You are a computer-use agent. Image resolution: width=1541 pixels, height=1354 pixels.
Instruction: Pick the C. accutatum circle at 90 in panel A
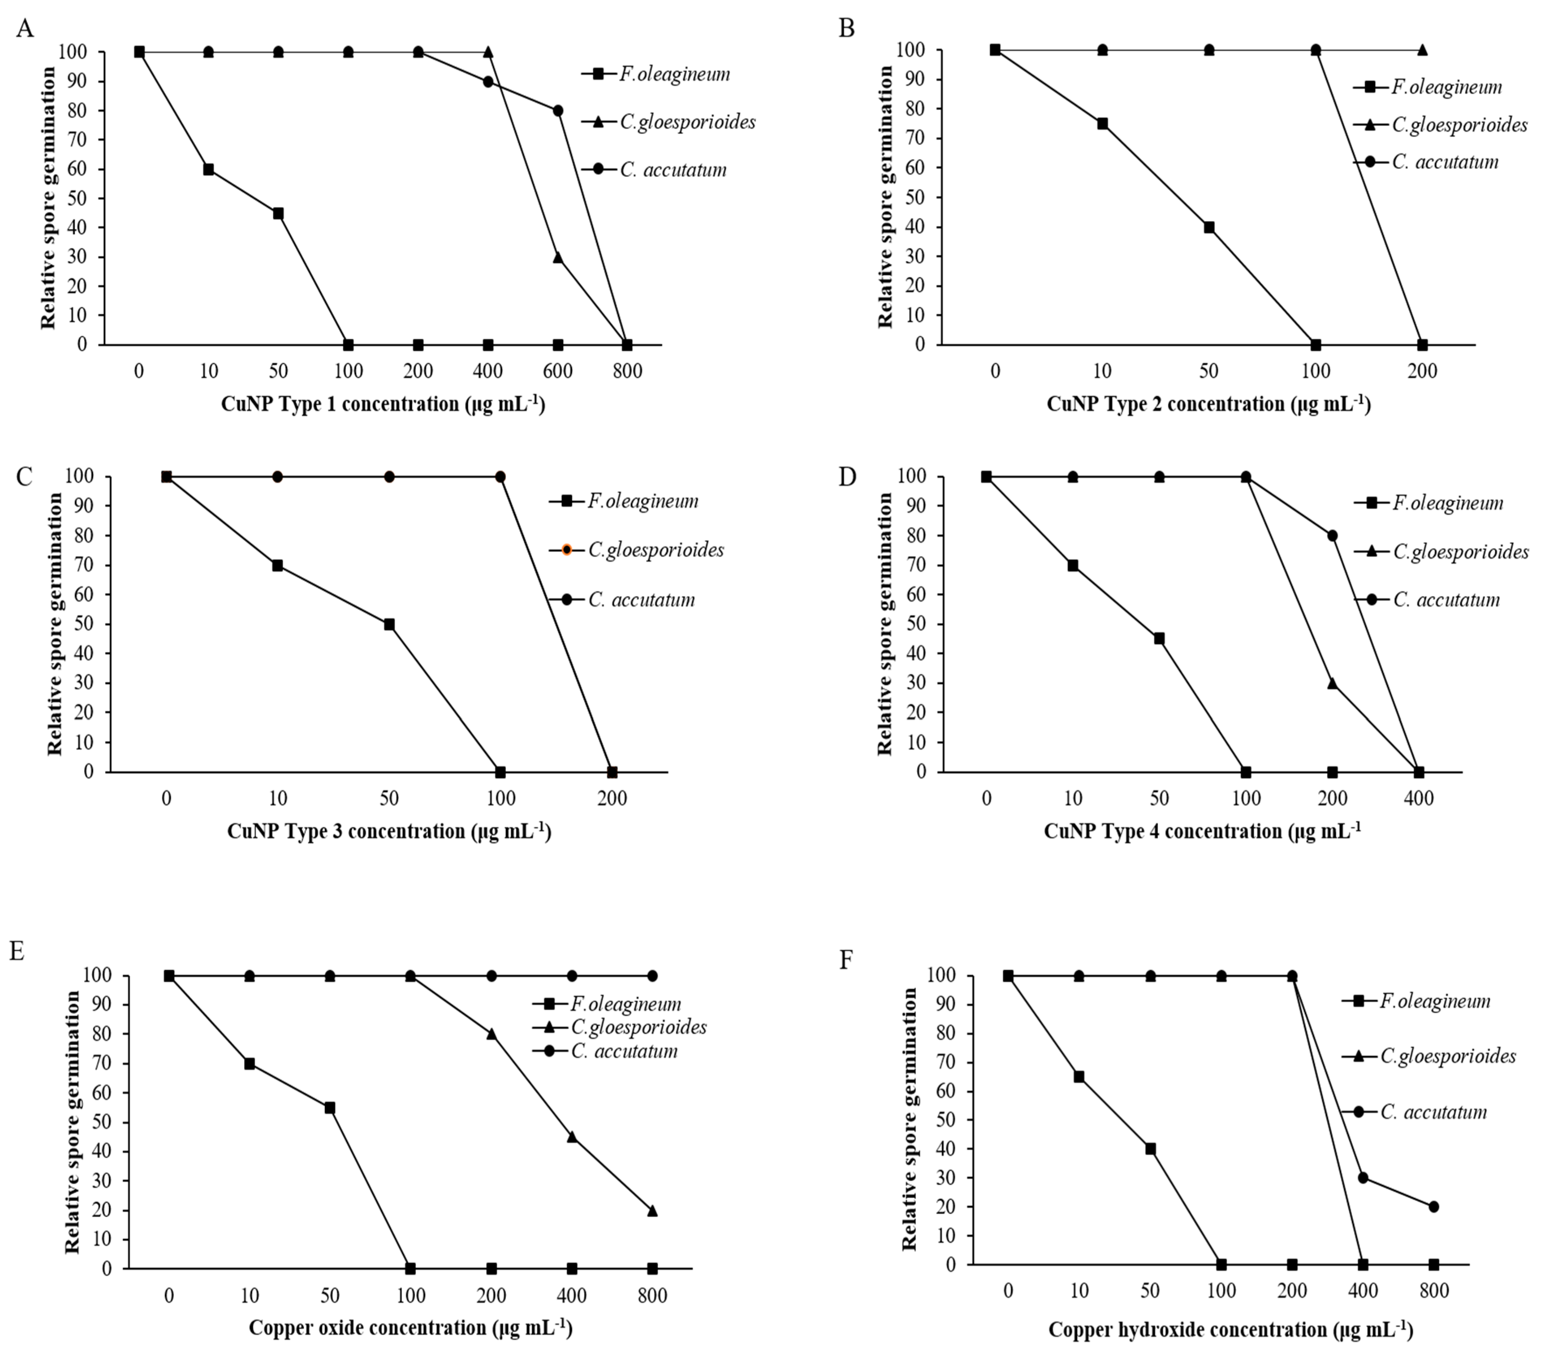click(488, 81)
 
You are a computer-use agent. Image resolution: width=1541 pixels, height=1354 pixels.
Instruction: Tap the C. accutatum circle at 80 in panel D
click(1332, 536)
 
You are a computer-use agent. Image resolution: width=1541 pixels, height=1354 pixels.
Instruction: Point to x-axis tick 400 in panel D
click(1418, 798)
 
